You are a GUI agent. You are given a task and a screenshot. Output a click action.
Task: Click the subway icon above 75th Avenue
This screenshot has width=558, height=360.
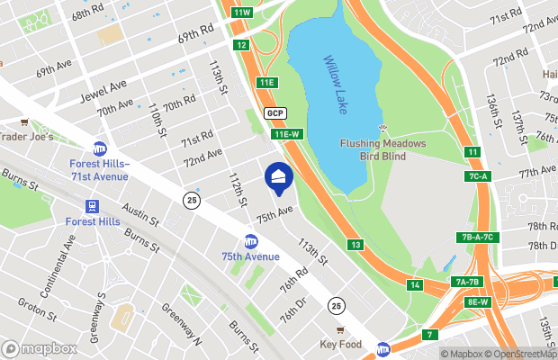click(251, 241)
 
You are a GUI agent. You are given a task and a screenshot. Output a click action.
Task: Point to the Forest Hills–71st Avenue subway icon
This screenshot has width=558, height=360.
click(99, 149)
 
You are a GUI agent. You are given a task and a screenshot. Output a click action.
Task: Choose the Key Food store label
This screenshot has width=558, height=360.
click(339, 344)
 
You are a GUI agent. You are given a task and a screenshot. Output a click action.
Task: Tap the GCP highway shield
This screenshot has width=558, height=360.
click(275, 113)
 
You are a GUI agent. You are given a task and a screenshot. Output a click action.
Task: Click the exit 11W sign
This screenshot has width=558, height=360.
click(241, 12)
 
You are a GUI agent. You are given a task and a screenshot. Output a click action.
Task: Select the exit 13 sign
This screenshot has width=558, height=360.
click(355, 245)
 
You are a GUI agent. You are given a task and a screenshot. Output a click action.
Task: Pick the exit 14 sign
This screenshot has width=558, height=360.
click(415, 285)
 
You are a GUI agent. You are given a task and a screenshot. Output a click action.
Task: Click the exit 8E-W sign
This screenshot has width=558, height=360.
click(478, 301)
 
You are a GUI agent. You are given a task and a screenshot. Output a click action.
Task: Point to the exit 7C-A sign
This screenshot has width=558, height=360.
click(477, 175)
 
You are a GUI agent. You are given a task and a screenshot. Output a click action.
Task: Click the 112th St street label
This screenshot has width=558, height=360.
click(237, 190)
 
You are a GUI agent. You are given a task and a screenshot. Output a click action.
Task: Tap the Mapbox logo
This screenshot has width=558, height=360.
click(39, 348)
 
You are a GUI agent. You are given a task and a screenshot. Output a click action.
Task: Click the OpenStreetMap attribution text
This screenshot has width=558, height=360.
click(521, 354)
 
